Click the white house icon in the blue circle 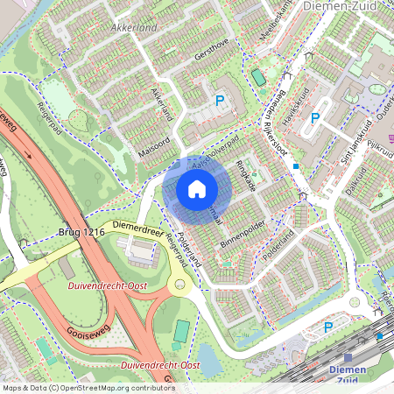click(x=196, y=188)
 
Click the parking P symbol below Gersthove click(x=220, y=101)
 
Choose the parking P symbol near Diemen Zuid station click(x=328, y=327)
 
